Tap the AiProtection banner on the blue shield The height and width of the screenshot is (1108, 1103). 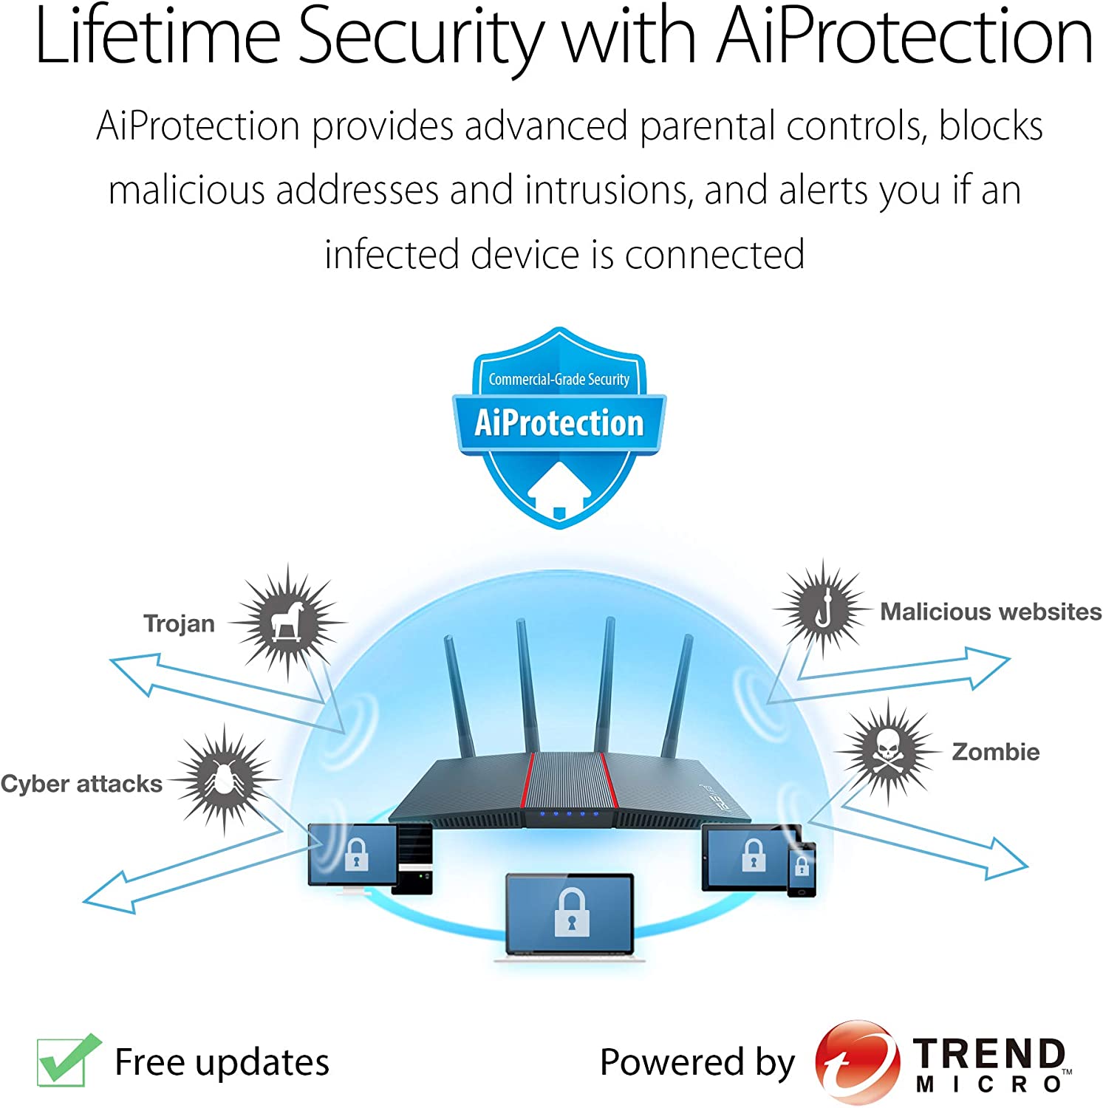point(559,423)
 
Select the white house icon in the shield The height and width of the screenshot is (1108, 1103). point(559,490)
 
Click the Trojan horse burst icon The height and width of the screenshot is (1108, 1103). point(288,622)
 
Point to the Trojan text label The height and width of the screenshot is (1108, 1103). point(179,623)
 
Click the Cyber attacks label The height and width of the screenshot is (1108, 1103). point(81,784)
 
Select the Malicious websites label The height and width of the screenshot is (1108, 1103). point(991,612)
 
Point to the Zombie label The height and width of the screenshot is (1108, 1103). point(995,752)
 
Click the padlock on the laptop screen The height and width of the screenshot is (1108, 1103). point(571,913)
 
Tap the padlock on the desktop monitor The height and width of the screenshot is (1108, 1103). point(356,855)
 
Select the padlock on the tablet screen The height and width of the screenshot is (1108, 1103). point(754,855)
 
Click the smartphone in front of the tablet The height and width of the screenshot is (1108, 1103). point(802,869)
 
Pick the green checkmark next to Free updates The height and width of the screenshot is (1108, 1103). point(68,1061)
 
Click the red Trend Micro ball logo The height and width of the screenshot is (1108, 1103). point(857,1062)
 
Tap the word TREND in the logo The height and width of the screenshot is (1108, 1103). point(988,1053)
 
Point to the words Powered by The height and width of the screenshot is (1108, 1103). point(697,1062)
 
